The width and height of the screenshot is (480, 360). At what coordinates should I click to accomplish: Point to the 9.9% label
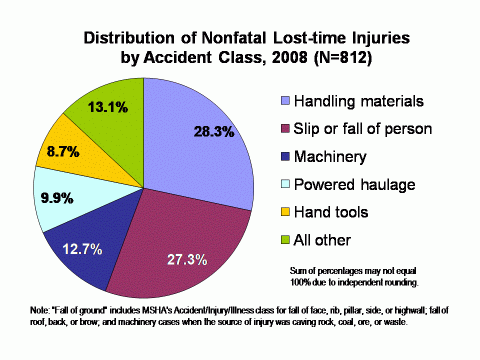point(54,197)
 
